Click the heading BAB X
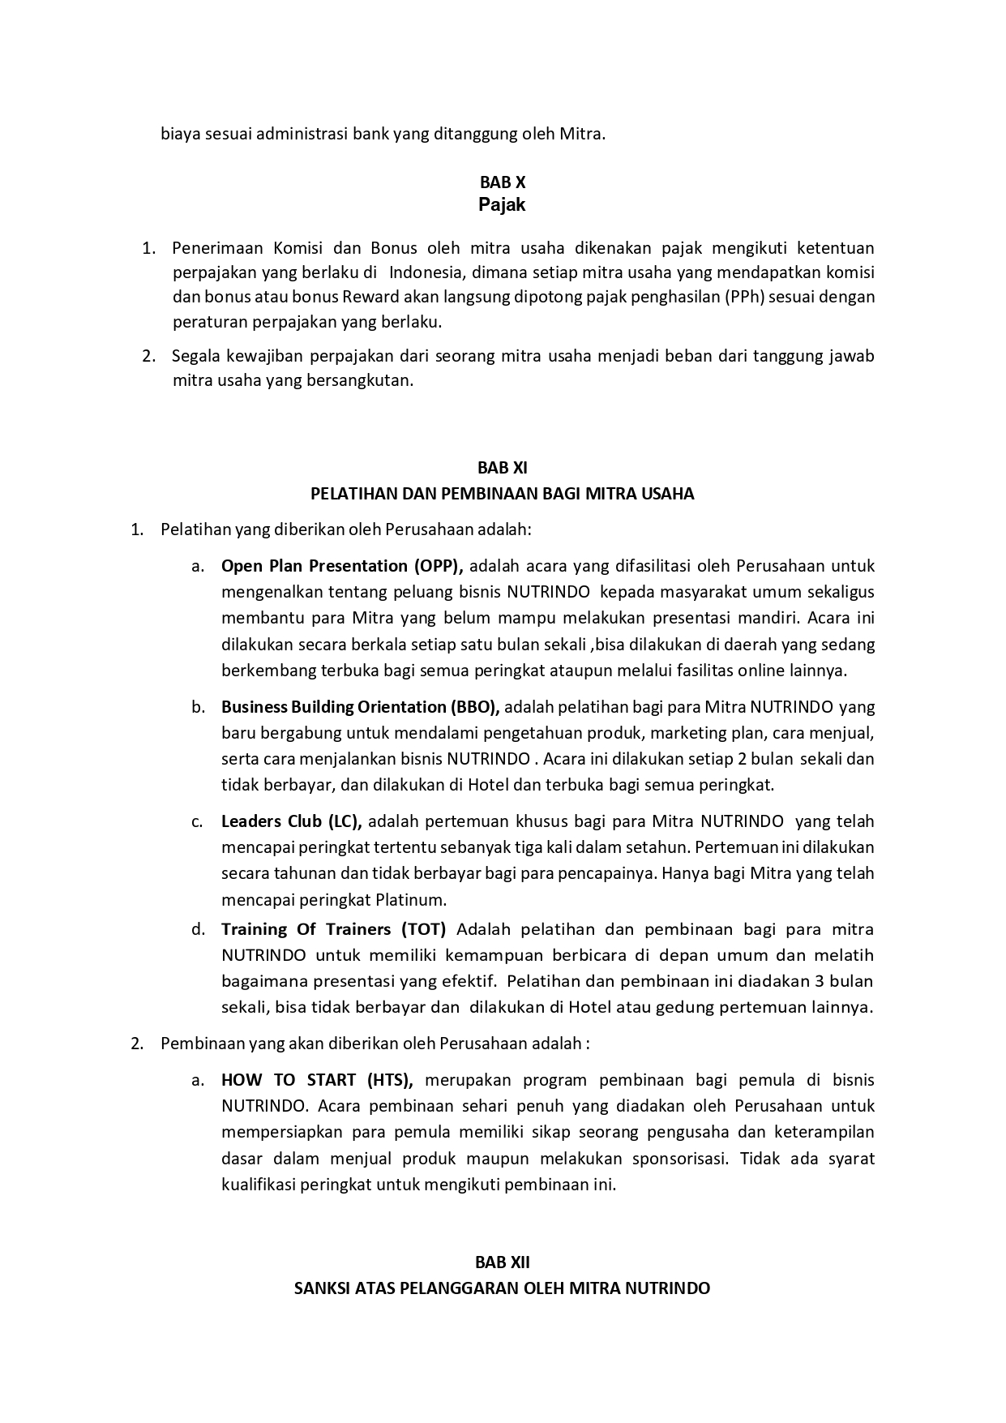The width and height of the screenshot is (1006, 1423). click(x=502, y=183)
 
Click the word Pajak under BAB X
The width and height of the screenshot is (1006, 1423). click(x=502, y=205)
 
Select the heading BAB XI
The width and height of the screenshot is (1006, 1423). click(x=502, y=468)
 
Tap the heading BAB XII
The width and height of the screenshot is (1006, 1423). click(x=502, y=1262)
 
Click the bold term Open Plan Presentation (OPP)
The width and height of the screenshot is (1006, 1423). click(x=341, y=566)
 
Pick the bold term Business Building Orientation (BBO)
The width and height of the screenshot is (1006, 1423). click(x=360, y=707)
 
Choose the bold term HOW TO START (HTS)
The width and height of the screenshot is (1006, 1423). click(x=317, y=1080)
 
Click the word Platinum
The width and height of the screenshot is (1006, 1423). click(x=412, y=900)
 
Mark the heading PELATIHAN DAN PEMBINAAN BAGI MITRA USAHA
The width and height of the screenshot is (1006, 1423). click(x=502, y=494)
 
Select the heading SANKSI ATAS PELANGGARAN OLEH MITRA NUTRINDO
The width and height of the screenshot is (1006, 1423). click(x=502, y=1288)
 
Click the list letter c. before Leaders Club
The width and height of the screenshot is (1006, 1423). click(x=198, y=821)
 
